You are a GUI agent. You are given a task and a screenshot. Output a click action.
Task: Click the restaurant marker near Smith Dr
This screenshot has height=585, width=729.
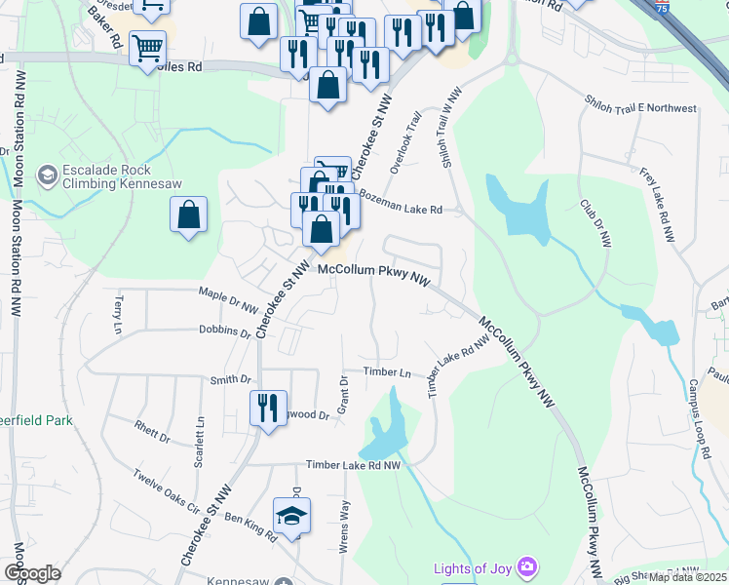pyautogui.click(x=268, y=407)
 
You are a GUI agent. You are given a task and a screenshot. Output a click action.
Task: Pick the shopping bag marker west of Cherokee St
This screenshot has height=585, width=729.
pyautogui.click(x=188, y=215)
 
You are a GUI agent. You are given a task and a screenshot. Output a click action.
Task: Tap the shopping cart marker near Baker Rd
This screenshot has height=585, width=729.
pyautogui.click(x=147, y=47)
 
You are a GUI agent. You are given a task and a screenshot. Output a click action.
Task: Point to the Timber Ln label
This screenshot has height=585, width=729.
pyautogui.click(x=387, y=371)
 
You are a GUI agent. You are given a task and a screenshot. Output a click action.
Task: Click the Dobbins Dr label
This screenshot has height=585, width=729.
pyautogui.click(x=224, y=331)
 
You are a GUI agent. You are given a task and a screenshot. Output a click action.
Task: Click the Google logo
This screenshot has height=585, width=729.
pyautogui.click(x=32, y=573)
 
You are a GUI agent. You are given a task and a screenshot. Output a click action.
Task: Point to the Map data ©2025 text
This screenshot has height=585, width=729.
pyautogui.click(x=687, y=576)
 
